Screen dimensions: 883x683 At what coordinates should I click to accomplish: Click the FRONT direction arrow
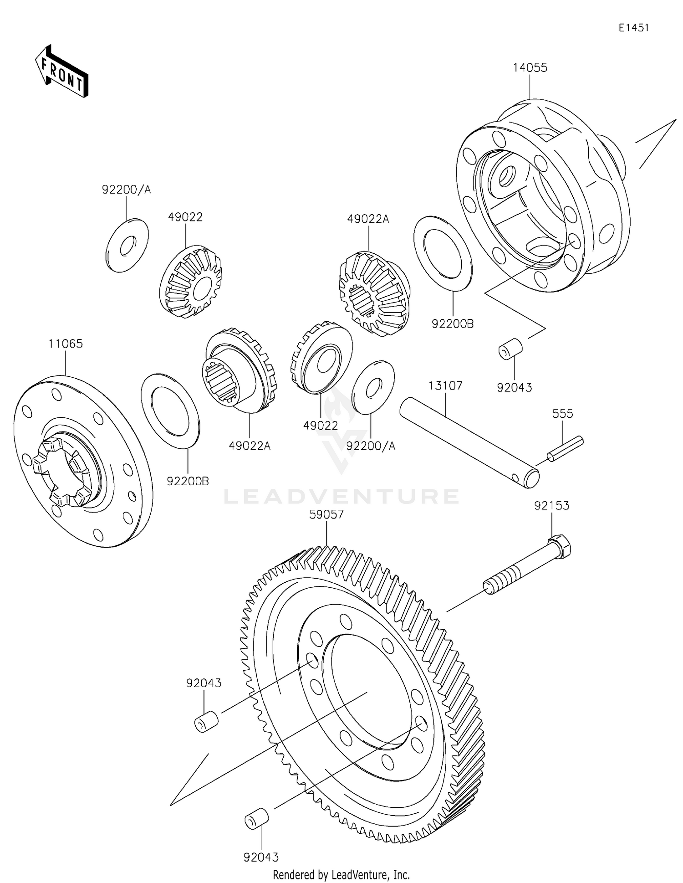(x=62, y=72)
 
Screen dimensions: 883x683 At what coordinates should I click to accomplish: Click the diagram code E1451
(x=633, y=28)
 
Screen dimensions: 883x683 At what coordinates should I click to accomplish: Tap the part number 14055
(x=530, y=68)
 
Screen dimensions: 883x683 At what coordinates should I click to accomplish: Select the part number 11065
(x=66, y=344)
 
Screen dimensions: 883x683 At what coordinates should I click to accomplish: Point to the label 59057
(x=326, y=514)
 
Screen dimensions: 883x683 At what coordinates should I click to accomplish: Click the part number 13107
(x=445, y=386)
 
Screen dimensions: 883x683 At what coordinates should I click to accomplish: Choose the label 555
(x=562, y=414)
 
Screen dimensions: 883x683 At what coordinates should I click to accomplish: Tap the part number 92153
(x=551, y=506)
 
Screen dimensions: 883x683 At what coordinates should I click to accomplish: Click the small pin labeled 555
(x=565, y=448)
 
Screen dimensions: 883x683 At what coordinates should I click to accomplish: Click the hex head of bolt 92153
(x=561, y=545)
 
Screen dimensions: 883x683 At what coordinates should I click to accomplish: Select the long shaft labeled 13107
(x=469, y=442)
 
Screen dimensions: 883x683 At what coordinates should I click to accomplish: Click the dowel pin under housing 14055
(x=510, y=349)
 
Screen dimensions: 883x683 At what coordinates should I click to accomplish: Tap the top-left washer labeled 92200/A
(x=127, y=245)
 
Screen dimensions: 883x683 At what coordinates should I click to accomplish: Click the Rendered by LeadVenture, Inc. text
(x=341, y=874)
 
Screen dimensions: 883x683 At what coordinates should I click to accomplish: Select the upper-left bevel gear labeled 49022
(x=191, y=282)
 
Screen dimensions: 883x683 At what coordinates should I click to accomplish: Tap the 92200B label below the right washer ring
(x=452, y=324)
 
